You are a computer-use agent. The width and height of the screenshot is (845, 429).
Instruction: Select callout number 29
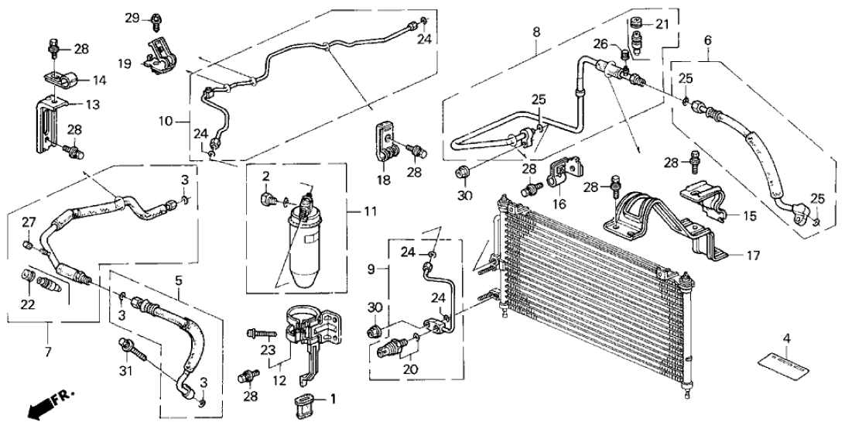pos(132,17)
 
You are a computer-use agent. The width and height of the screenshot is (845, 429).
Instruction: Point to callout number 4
pos(786,338)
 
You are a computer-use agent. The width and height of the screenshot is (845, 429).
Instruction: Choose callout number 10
pos(164,121)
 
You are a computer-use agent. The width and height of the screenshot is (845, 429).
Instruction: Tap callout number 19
pos(123,64)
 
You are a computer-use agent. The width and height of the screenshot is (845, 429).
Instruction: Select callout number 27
pos(28,222)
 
